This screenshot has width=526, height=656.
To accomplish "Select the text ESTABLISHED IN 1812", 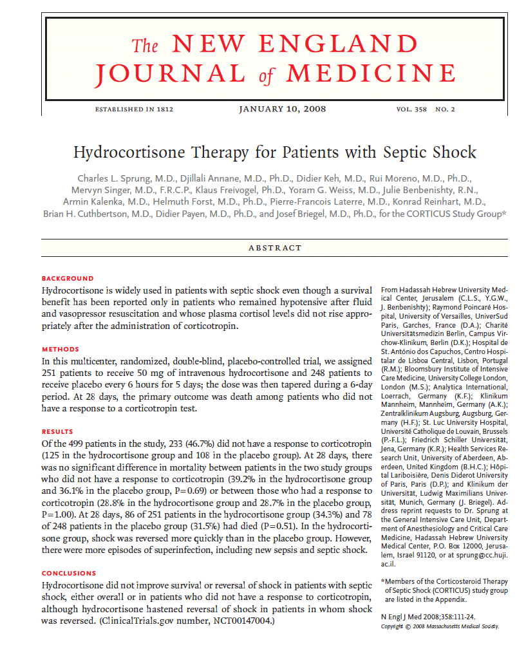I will tap(134, 109).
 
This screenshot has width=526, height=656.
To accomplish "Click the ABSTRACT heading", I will tap(275, 248).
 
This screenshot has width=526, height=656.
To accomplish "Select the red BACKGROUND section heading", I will tap(68, 279).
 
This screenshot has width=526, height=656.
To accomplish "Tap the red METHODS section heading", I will tap(61, 350).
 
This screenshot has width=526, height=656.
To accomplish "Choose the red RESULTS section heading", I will tap(57, 432).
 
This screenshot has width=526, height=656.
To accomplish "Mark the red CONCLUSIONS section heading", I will tap(69, 573).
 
